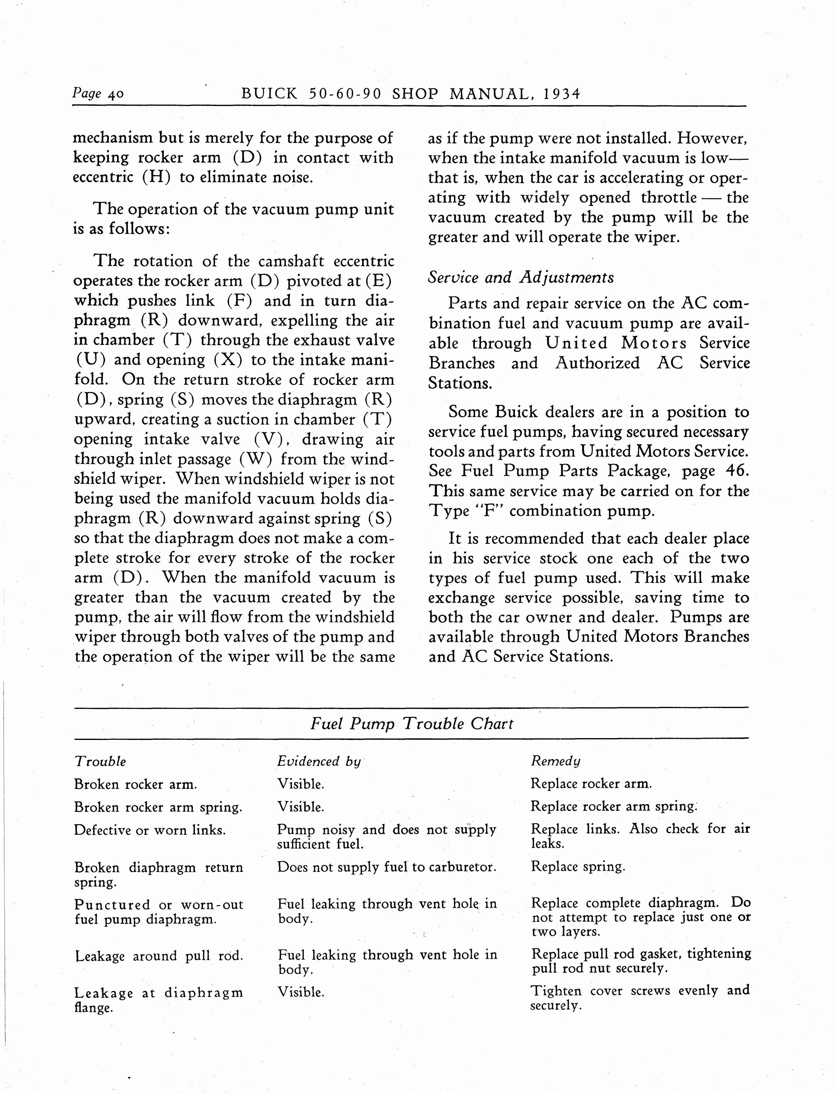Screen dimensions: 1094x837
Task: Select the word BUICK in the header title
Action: point(269,94)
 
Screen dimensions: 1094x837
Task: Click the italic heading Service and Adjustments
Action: point(521,277)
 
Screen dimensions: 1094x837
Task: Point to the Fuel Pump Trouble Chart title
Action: point(412,723)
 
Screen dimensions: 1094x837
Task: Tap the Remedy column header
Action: point(555,761)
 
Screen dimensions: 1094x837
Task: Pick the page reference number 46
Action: point(735,471)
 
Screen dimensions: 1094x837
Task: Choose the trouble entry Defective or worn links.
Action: point(149,830)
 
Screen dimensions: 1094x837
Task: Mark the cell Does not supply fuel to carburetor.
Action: point(387,867)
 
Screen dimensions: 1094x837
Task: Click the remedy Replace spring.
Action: point(578,867)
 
